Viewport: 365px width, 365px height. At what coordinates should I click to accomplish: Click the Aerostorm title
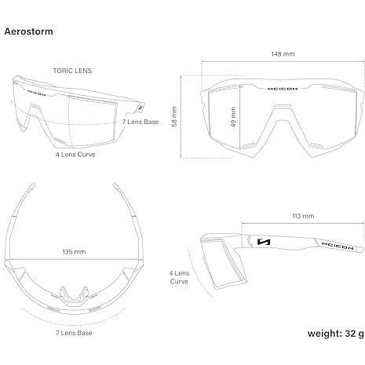[x=28, y=31]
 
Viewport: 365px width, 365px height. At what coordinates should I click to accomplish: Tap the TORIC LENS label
[x=72, y=71]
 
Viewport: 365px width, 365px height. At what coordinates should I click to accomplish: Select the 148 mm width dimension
[x=283, y=54]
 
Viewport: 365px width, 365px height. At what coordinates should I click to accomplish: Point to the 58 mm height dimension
[x=174, y=116]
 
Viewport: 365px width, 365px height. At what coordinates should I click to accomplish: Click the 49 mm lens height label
[x=233, y=117]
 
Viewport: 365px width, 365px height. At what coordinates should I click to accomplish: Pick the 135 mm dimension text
[x=74, y=252]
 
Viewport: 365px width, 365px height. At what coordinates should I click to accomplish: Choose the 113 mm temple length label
[x=303, y=216]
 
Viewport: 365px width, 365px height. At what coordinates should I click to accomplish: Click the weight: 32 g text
[x=335, y=334]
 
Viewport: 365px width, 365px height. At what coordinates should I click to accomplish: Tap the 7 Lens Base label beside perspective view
[x=141, y=122]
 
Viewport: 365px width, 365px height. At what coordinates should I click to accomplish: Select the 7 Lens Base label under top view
[x=74, y=333]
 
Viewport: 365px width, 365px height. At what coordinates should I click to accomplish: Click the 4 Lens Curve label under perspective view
[x=75, y=155]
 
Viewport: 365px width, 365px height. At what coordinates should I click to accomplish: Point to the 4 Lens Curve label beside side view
[x=179, y=277]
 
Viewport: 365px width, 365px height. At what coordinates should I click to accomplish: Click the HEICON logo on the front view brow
[x=283, y=89]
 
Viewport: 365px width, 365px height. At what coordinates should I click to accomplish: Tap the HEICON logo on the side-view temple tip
[x=338, y=246]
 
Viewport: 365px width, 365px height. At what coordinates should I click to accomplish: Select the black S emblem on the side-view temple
[x=264, y=242]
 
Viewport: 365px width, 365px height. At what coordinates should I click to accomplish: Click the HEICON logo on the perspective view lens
[x=36, y=93]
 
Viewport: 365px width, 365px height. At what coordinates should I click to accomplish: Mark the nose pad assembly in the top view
[x=73, y=296]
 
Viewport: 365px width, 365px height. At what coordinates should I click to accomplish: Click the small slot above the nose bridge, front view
[x=283, y=106]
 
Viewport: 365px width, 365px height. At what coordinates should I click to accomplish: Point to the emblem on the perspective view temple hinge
[x=141, y=108]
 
